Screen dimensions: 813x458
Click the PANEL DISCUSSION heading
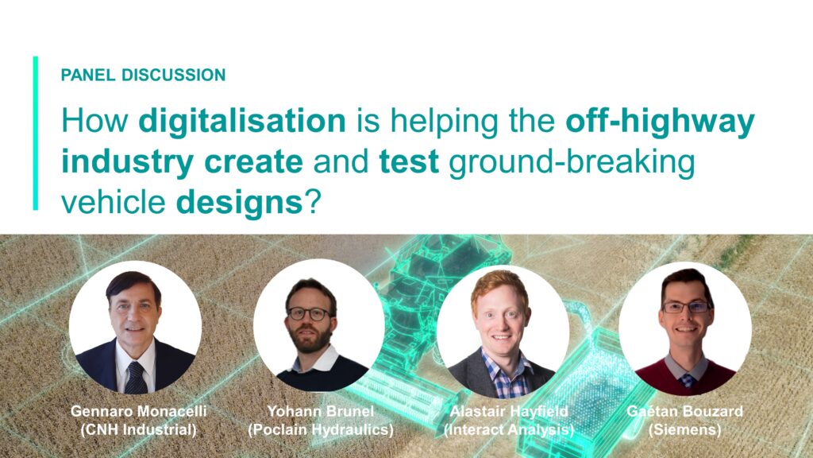coord(143,75)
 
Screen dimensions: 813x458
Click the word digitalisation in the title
coord(242,122)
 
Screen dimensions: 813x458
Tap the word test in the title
coord(409,161)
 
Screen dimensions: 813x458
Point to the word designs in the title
coord(240,203)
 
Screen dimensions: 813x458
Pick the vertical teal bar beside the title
coord(35,133)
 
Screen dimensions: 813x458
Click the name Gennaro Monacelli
coord(138,411)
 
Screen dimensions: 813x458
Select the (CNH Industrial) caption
coord(138,430)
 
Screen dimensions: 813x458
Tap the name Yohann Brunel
coord(320,411)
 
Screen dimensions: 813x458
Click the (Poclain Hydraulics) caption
coord(321,430)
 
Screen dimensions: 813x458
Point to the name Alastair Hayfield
coord(509,411)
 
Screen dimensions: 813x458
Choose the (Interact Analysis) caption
coord(509,430)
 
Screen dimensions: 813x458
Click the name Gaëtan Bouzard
coord(684,411)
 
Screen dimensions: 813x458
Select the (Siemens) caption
coord(684,430)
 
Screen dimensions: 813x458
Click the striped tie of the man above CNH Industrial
coord(136,378)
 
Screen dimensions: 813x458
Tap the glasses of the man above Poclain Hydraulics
coord(310,313)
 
